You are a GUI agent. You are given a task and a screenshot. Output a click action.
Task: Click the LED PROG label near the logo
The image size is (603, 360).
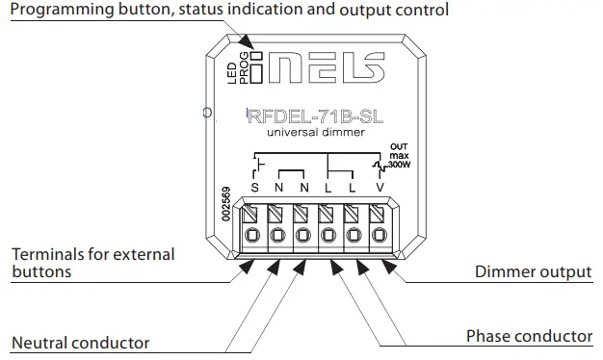point(237,73)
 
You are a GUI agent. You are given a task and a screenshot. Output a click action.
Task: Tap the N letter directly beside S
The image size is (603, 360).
point(279,187)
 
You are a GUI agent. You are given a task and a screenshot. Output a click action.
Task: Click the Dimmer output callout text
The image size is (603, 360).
point(533,271)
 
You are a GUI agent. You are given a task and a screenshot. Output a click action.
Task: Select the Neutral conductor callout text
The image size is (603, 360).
point(80,343)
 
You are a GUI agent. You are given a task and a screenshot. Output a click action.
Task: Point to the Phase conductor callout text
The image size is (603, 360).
point(529,336)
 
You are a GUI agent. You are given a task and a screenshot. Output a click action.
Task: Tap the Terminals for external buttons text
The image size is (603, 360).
point(92,263)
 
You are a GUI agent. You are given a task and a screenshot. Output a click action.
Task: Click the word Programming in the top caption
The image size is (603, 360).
point(61,12)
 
